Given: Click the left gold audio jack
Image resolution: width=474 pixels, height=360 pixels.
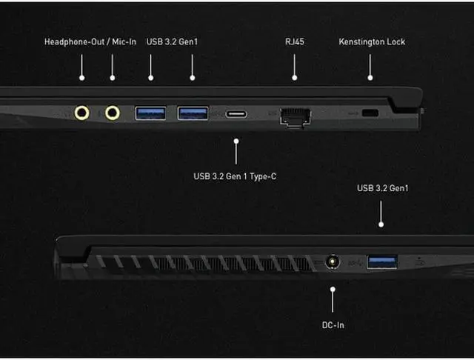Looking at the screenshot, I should click(x=83, y=113).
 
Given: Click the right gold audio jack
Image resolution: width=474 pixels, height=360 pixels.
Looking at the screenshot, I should click(x=113, y=113).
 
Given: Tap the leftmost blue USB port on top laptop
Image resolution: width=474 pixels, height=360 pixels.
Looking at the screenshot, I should click(x=150, y=113).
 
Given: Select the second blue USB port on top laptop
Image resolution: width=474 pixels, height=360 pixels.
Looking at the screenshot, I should click(x=193, y=113).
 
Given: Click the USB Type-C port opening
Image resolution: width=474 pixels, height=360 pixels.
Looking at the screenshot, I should click(x=236, y=114).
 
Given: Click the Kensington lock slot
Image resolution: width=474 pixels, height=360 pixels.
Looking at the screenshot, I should click(x=370, y=113).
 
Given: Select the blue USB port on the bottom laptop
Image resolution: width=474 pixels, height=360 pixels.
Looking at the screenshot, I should click(x=381, y=261).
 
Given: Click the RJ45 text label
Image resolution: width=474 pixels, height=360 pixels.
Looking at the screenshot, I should click(x=295, y=41).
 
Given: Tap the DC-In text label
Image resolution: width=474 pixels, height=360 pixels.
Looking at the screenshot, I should click(x=333, y=324).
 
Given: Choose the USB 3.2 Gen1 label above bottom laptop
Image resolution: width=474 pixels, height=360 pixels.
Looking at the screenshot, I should click(x=382, y=188).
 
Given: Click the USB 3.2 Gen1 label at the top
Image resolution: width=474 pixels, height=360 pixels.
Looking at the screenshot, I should click(x=172, y=41).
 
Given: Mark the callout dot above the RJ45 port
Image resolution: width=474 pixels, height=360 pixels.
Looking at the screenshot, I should click(x=295, y=76).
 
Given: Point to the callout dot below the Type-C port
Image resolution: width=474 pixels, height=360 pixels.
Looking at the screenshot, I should click(x=236, y=139).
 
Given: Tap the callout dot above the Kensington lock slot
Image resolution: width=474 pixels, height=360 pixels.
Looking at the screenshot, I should click(x=370, y=76).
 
